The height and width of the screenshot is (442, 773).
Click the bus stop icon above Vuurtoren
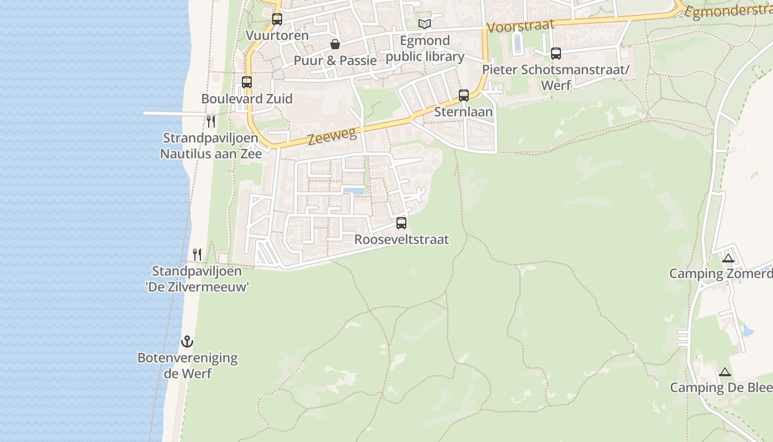[x=277, y=19]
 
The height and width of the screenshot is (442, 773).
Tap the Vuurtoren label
[x=277, y=36]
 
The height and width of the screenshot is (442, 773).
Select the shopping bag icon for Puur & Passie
[x=335, y=44]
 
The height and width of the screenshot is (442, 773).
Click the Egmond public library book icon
[x=424, y=24]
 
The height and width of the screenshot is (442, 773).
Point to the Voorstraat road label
[x=520, y=26]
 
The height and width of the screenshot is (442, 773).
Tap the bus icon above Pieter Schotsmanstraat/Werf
[x=556, y=54]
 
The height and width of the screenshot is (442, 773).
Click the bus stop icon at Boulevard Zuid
[x=247, y=82]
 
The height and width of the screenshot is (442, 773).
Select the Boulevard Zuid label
[x=247, y=99]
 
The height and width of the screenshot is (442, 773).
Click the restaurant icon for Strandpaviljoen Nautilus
[x=211, y=121]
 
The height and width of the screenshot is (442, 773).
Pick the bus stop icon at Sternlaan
[x=464, y=95]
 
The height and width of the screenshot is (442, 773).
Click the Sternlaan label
[x=463, y=112]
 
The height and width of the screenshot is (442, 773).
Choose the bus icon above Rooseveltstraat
[x=401, y=223]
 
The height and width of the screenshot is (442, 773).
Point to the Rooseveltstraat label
[x=401, y=240]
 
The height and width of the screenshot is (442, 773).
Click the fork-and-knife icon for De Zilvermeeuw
[x=197, y=255]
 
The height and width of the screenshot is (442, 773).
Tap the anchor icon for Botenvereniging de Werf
[x=187, y=341]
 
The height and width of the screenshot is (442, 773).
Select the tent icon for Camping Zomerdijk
[x=728, y=258]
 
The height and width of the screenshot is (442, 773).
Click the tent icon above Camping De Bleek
[x=725, y=372]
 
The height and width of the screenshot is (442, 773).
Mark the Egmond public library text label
[x=425, y=49]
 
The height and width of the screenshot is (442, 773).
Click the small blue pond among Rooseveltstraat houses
[x=354, y=191]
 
